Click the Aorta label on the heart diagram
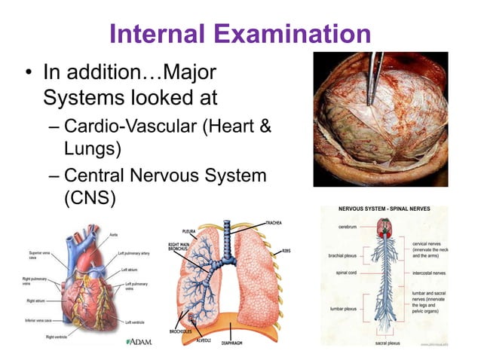pos(114,234)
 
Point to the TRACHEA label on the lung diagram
pos(274,224)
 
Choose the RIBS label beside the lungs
pos(286,251)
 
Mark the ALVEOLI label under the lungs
pos(204,340)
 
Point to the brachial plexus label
pos(344,255)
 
